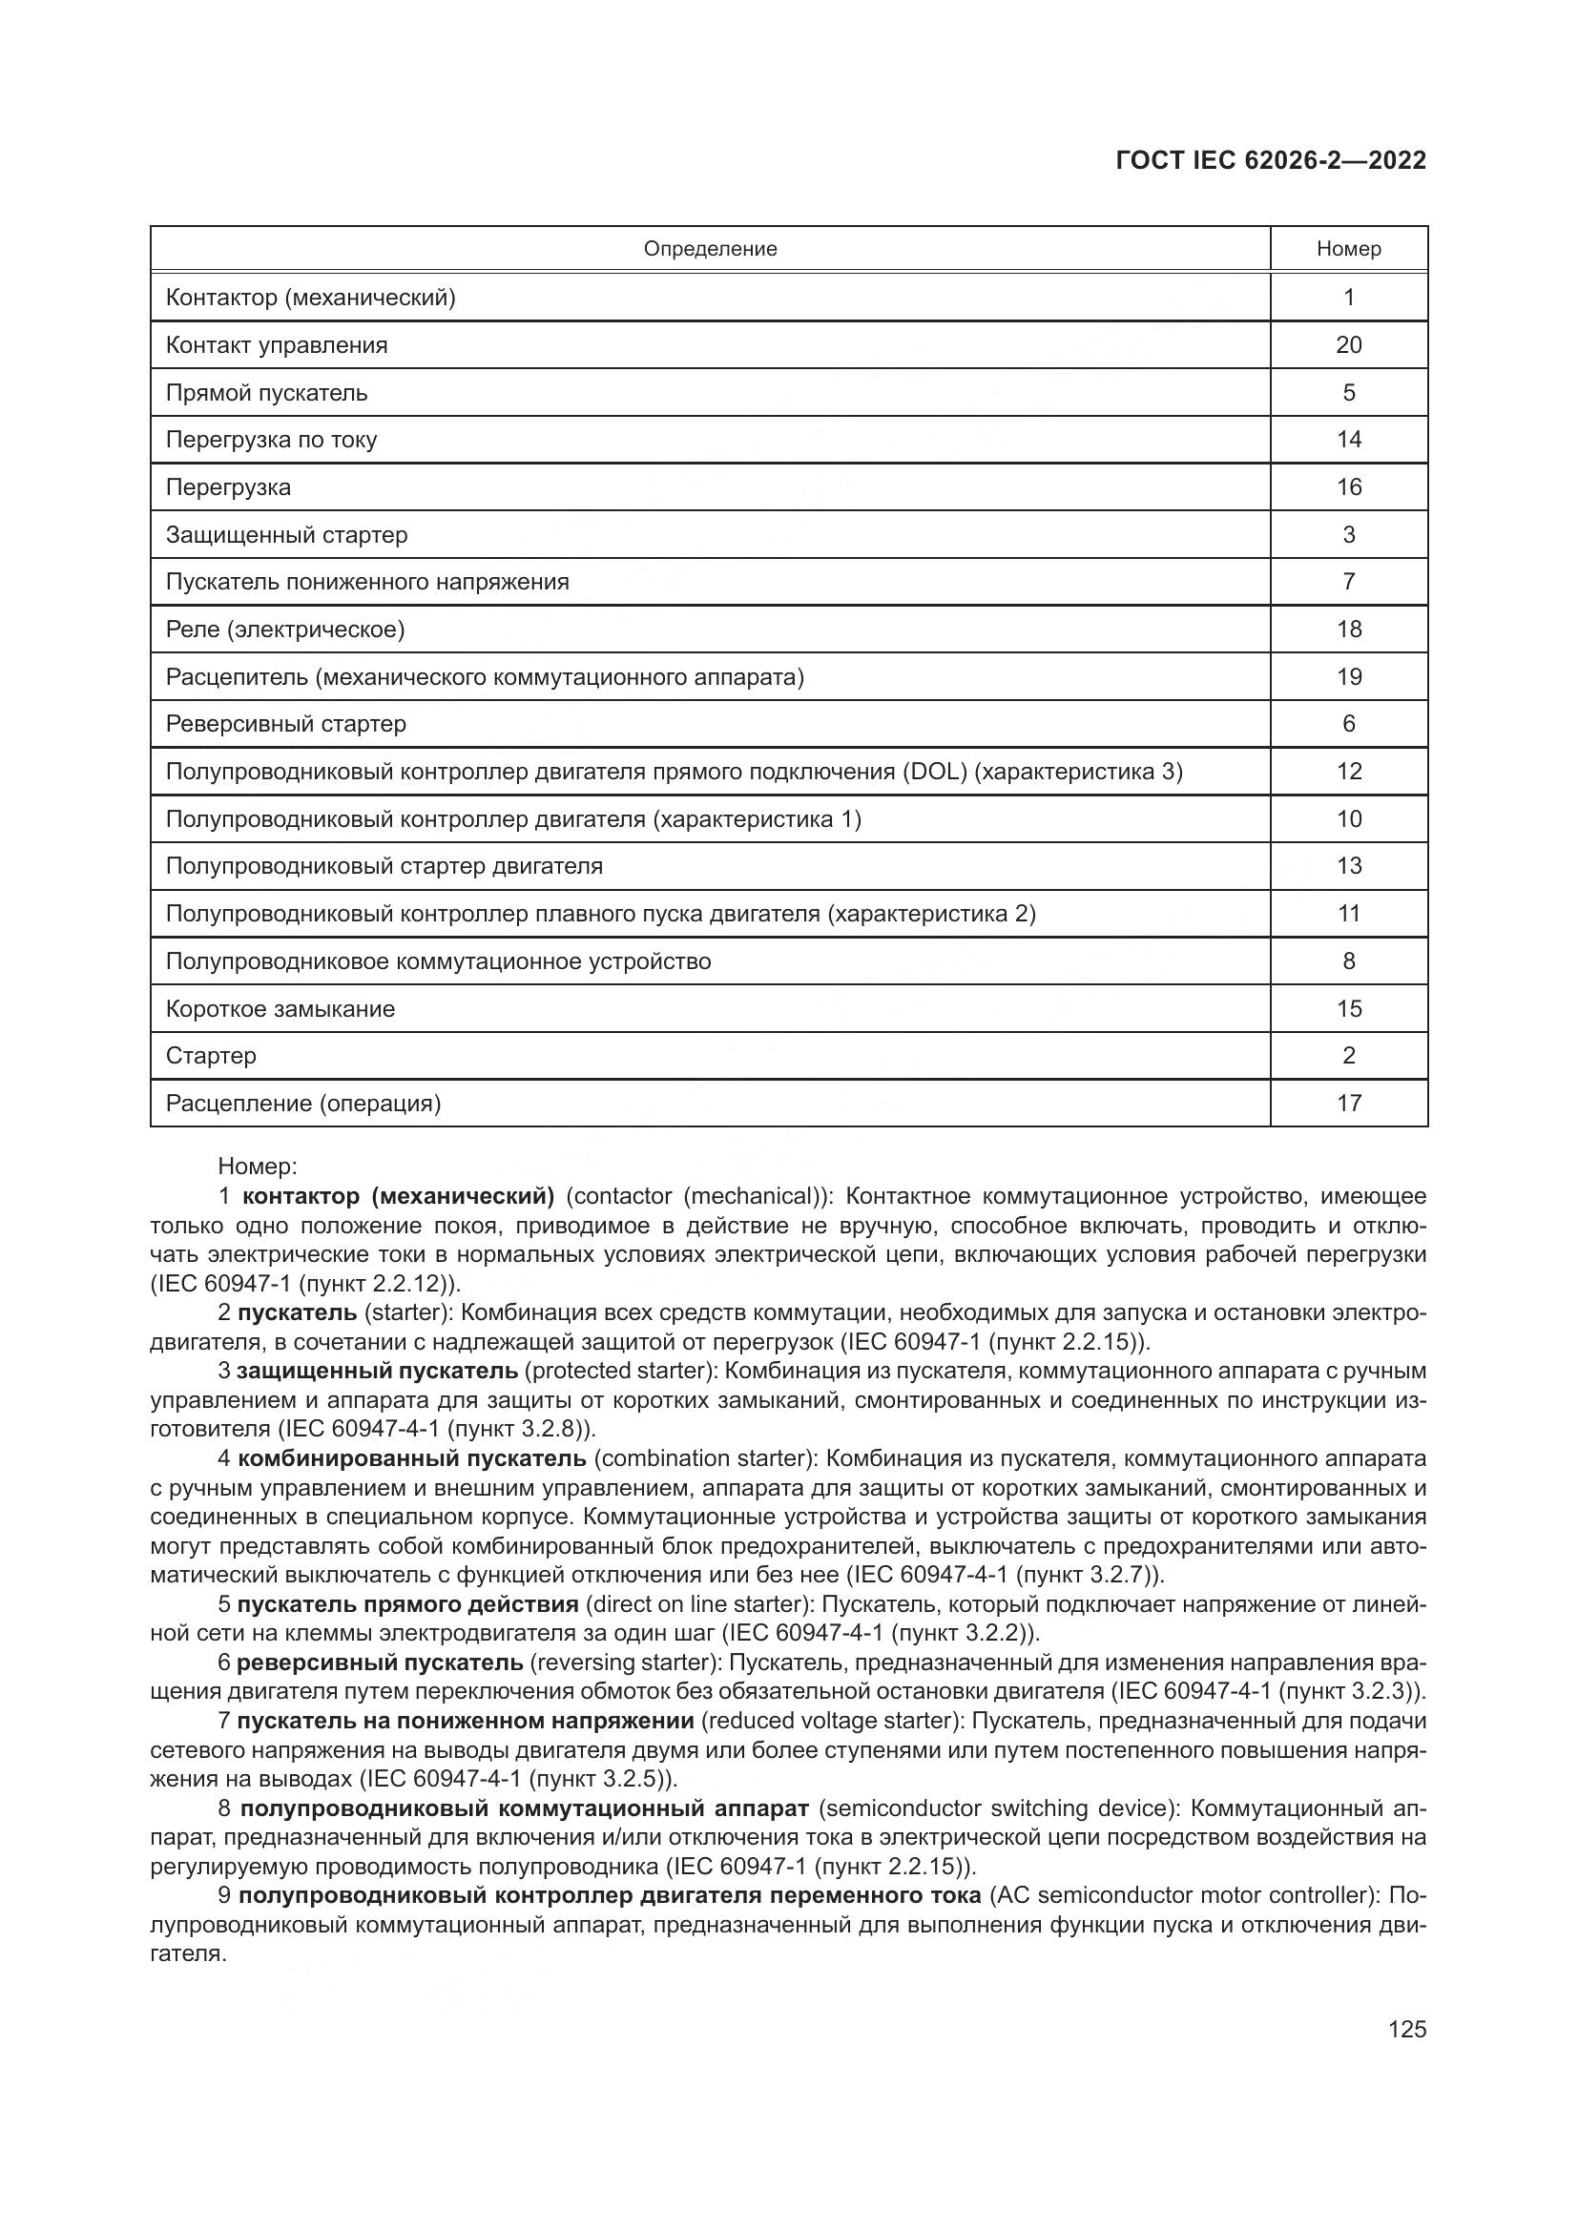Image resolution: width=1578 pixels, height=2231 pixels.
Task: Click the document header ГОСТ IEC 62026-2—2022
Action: point(1270,161)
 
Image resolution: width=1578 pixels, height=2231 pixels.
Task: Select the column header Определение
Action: point(711,249)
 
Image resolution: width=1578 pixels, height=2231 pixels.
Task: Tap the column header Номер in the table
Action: point(1348,249)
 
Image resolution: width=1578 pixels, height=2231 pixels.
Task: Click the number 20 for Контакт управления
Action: point(1348,345)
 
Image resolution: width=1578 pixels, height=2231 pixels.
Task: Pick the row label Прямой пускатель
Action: point(266,393)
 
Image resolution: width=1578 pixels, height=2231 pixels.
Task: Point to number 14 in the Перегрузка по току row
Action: point(1348,439)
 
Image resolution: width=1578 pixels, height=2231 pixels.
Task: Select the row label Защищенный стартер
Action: point(286,534)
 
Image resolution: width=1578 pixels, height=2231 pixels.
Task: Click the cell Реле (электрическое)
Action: point(284,630)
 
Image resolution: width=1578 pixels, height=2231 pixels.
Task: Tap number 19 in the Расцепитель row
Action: point(1348,676)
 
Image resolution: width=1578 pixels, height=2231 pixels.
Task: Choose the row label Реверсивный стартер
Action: point(285,724)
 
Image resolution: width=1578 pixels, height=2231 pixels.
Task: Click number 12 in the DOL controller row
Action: point(1348,772)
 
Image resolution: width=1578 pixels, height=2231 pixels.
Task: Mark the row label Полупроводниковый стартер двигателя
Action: point(384,866)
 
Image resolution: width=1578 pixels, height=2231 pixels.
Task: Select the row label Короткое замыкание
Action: point(280,1008)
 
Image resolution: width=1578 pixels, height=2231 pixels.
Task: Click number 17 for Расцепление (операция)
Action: point(1348,1103)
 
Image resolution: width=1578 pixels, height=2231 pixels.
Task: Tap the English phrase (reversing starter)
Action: point(624,1663)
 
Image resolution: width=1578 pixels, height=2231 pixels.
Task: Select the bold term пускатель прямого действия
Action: point(407,1604)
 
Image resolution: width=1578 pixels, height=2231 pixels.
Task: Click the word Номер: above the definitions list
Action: point(258,1166)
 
